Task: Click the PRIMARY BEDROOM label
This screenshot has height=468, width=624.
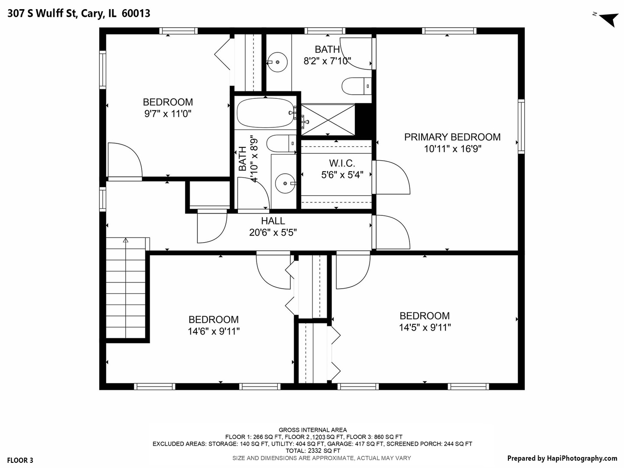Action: coord(452,137)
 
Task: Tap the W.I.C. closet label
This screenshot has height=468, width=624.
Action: coord(342,163)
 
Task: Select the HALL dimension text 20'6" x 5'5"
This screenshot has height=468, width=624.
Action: coord(273,233)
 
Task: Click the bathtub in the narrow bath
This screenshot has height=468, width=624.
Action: coord(265,113)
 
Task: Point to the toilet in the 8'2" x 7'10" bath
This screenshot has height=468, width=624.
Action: coord(356,86)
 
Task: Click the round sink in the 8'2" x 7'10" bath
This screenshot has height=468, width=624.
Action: coord(277,62)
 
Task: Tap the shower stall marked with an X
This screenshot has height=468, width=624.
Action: coord(328,120)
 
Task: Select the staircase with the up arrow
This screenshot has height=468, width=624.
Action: coord(126,288)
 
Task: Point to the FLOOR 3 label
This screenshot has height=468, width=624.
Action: coord(20,460)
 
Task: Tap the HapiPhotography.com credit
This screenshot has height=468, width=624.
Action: coord(562,458)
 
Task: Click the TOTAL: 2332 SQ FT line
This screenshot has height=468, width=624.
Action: coord(312,451)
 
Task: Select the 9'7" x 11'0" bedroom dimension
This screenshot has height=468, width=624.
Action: coord(168,114)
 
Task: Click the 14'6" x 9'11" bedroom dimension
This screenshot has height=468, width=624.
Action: coord(214,331)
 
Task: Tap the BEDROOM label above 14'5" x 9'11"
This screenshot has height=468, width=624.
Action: coord(424,316)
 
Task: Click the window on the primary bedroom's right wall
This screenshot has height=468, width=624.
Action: coord(521,126)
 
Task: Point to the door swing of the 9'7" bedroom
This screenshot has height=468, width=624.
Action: coord(125,161)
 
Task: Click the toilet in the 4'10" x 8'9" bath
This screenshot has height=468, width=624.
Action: coord(281,143)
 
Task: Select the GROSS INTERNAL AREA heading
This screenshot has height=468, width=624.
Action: coord(312,430)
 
